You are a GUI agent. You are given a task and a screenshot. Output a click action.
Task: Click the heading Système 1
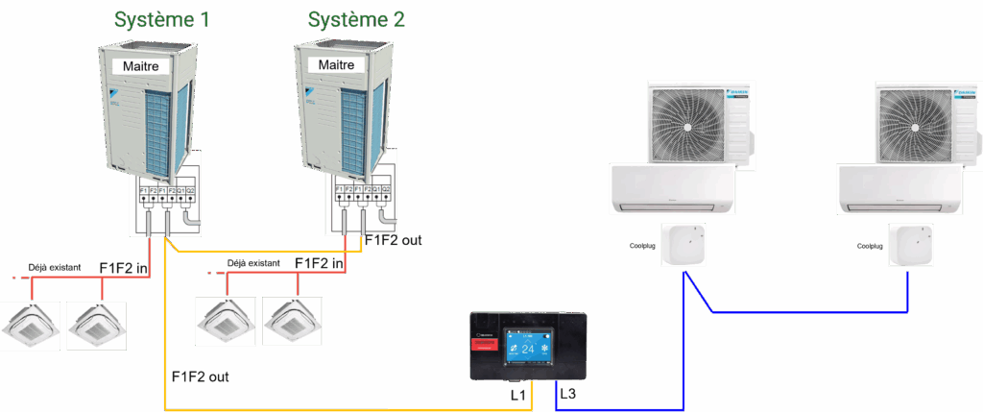pos(162,19)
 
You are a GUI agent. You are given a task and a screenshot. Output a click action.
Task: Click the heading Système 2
pos(355,19)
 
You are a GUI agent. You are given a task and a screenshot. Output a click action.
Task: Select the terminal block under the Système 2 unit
pos(365,193)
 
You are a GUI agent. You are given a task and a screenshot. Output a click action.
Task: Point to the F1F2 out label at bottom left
pos(200,376)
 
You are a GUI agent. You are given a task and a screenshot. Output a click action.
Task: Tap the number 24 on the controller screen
pos(527,350)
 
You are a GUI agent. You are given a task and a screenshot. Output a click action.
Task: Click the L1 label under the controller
pos(517,394)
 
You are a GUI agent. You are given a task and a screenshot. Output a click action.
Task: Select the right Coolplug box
pos(910,246)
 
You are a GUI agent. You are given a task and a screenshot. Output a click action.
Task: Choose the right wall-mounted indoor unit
pos(898,188)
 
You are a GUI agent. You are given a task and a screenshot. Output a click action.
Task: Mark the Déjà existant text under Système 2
pos(253,262)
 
